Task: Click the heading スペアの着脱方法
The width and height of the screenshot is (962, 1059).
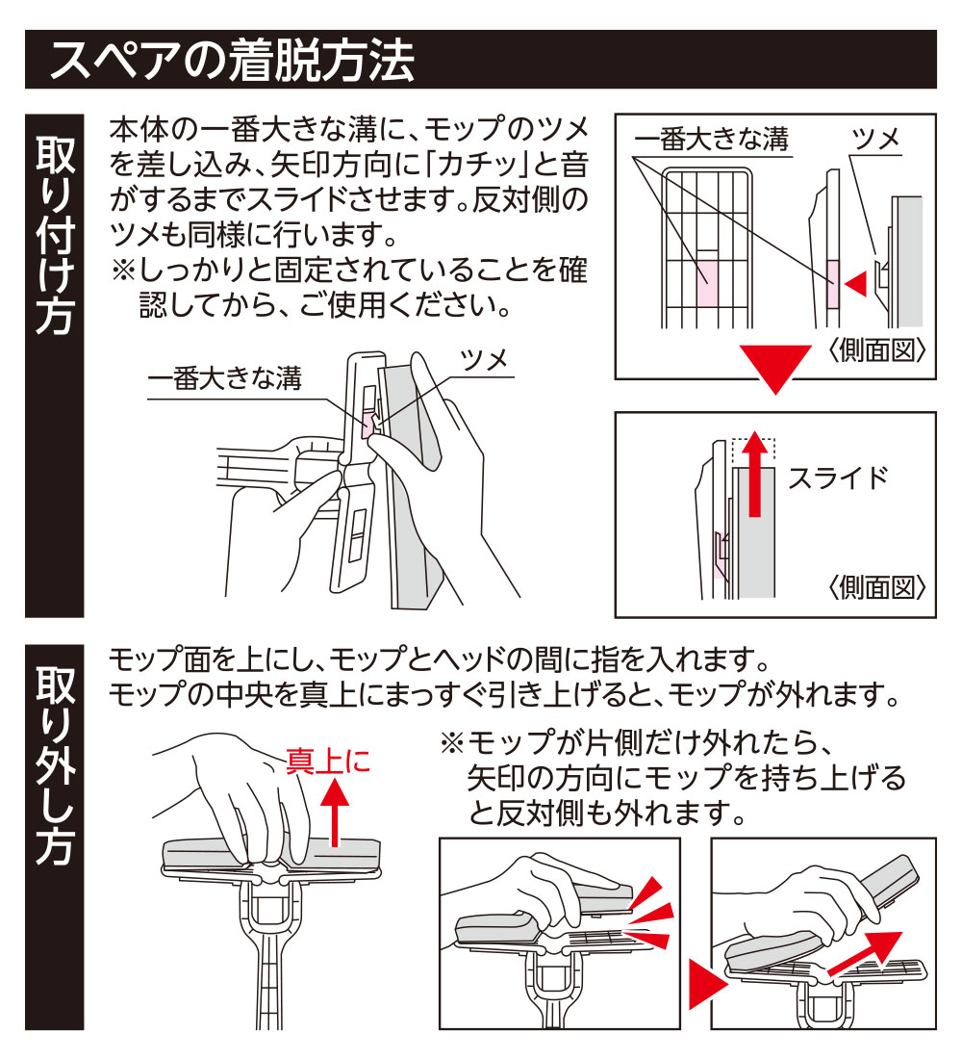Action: click(232, 61)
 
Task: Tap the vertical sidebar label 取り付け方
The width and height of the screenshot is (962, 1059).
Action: click(54, 236)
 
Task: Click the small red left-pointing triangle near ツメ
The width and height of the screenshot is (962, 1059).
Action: click(856, 282)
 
